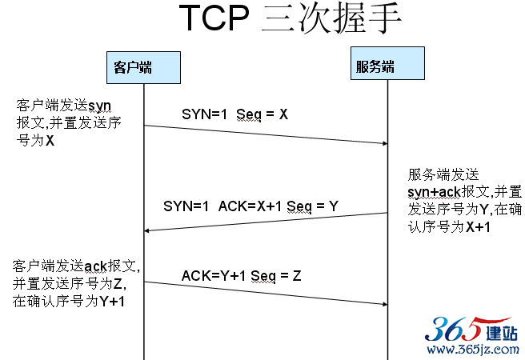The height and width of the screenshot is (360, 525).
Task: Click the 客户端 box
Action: pos(143,67)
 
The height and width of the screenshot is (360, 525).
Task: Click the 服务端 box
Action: pos(387,63)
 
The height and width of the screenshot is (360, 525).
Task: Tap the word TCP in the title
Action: pos(214,18)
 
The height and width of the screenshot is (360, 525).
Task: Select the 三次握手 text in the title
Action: pos(331,18)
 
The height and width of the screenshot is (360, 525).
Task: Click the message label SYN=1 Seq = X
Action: pos(234,114)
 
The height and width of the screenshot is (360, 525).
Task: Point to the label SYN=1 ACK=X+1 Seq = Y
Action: pos(250,206)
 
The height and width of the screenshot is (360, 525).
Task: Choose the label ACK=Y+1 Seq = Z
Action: pos(241,276)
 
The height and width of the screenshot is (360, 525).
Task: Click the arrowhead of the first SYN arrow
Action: pos(386,143)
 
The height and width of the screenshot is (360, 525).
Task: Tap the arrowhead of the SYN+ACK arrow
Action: pos(146,231)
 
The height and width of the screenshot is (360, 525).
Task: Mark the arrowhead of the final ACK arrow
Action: pos(386,304)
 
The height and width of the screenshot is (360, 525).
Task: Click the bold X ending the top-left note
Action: pos(50,141)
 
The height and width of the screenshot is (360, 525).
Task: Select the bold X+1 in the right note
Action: pos(478,227)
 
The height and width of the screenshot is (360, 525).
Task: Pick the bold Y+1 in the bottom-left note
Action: pos(112,302)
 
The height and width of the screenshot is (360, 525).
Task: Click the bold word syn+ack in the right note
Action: pos(435,192)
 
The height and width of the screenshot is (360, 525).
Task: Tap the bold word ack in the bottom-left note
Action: pos(95,266)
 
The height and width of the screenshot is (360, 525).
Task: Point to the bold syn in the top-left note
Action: pos(99,106)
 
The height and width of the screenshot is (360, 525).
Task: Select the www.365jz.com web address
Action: pos(473,350)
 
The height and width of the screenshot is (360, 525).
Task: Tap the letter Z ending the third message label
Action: pos(297,276)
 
